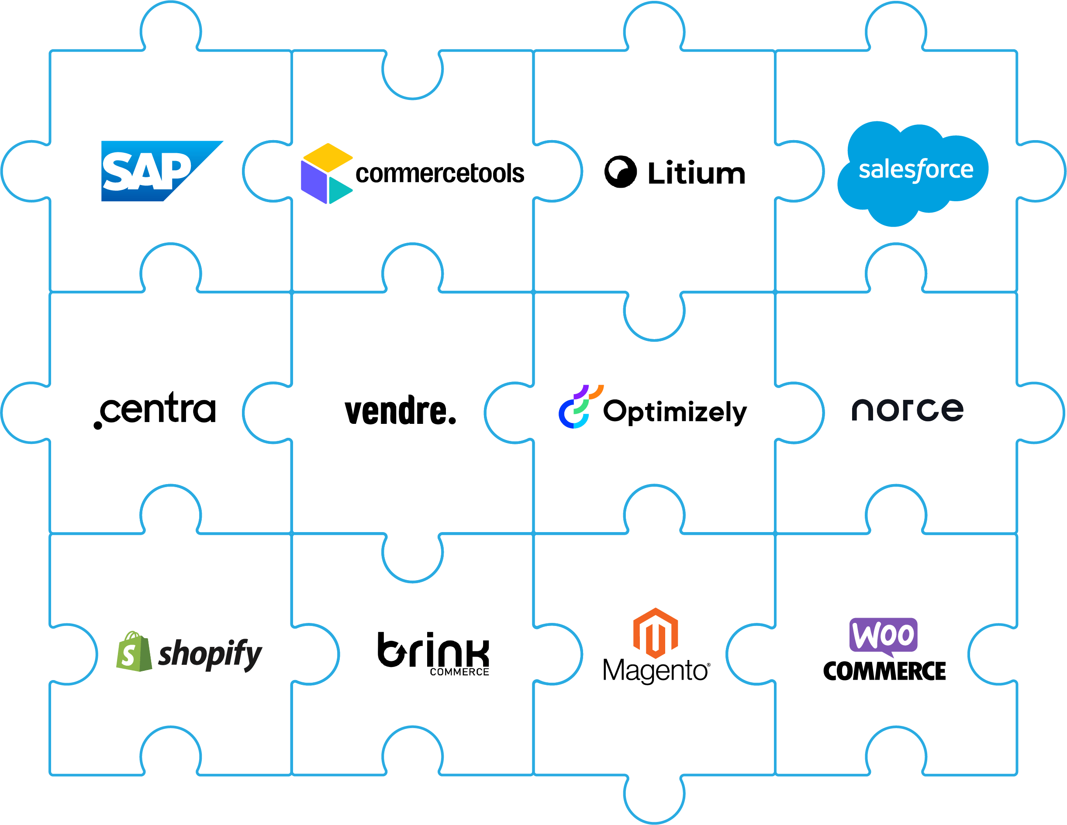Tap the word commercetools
[x=439, y=174]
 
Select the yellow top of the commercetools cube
[x=327, y=157]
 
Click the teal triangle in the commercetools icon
[x=339, y=190]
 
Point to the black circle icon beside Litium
[x=621, y=172]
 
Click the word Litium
[x=696, y=173]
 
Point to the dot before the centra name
[x=98, y=425]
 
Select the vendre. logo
[x=400, y=411]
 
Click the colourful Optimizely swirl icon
[x=578, y=408]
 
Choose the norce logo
[x=907, y=409]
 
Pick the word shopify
[x=210, y=654]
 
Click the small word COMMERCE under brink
[x=459, y=672]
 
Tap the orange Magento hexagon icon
[x=655, y=632]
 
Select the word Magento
[x=655, y=671]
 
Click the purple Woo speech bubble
[x=883, y=636]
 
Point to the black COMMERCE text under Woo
[x=884, y=671]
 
